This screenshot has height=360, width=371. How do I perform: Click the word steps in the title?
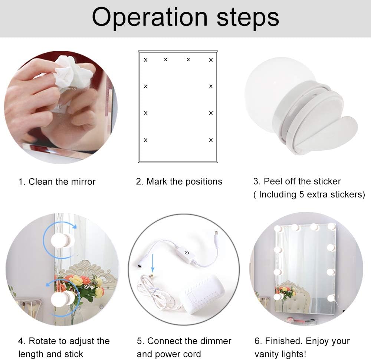coord(248,17)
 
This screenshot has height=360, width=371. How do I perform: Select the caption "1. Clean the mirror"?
coord(57,182)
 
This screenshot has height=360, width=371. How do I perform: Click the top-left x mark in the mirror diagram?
coord(145,60)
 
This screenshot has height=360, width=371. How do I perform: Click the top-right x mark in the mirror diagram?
coord(211,60)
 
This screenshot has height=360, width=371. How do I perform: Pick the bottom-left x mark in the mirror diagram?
coord(145,140)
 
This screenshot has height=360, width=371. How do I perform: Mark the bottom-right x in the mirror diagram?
coord(211,140)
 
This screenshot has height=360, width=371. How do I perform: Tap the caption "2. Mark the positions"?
coord(179,181)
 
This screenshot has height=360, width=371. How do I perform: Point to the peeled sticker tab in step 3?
coord(334,134)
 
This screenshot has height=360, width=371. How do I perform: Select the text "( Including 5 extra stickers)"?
coord(309,194)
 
